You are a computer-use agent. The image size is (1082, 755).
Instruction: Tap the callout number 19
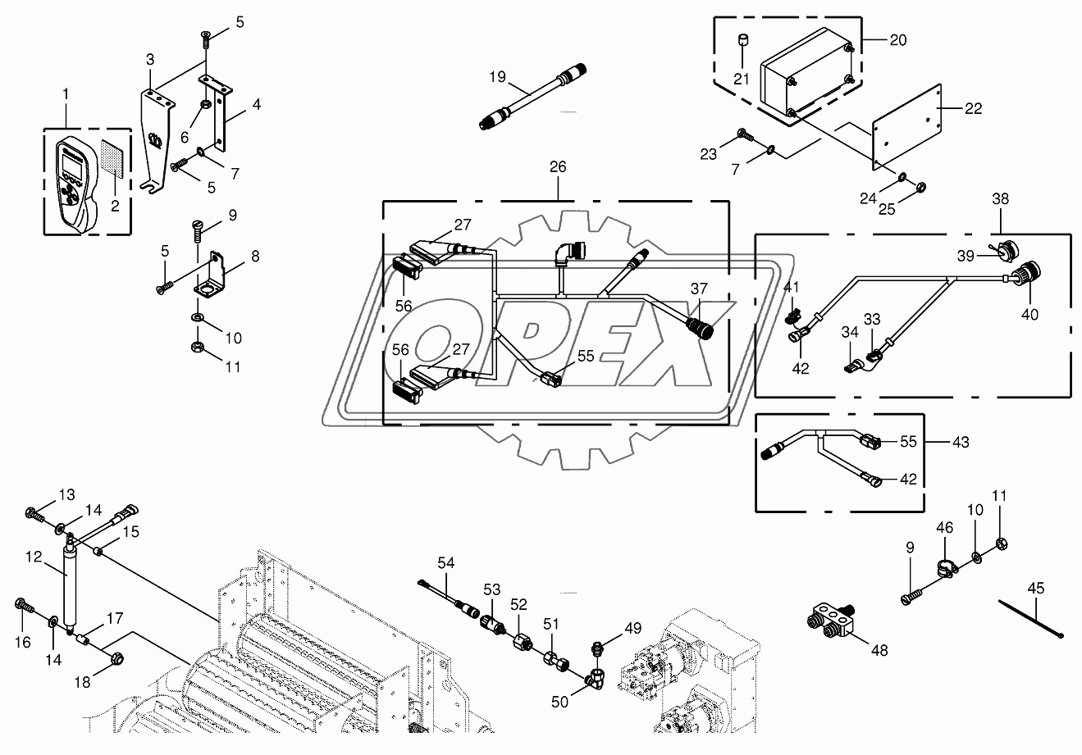click(498, 76)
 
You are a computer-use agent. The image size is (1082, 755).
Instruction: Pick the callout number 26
click(558, 166)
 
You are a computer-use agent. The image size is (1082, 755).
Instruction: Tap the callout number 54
click(445, 562)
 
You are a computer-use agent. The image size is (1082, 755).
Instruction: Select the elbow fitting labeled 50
click(594, 677)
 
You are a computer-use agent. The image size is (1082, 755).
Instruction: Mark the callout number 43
click(961, 442)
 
